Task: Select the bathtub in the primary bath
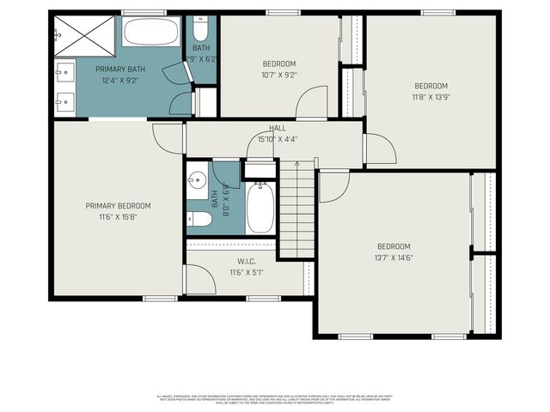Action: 150,33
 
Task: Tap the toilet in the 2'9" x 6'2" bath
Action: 200,26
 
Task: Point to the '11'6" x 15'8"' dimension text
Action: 118,217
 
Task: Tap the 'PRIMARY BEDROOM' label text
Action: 118,205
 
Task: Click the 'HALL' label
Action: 278,128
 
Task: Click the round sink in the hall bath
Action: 197,180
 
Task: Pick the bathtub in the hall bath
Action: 260,209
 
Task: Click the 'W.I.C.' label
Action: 247,262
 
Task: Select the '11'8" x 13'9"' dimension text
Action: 431,97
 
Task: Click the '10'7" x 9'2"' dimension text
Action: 278,75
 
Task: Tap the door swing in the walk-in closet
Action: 199,280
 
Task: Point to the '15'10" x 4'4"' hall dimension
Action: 278,139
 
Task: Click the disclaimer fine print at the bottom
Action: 274,399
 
